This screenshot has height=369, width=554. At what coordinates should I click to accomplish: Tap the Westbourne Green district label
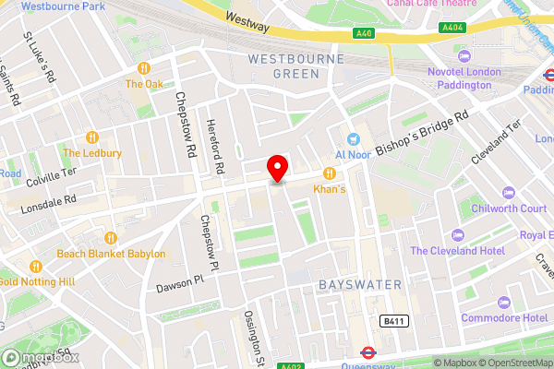pyautogui.click(x=295, y=66)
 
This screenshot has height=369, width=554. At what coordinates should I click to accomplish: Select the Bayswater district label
pyautogui.click(x=360, y=285)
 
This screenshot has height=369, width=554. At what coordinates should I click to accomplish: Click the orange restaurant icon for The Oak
pyautogui.click(x=144, y=68)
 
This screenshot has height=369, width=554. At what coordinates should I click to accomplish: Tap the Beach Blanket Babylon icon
pyautogui.click(x=110, y=237)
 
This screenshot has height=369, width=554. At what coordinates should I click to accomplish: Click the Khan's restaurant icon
pyautogui.click(x=329, y=173)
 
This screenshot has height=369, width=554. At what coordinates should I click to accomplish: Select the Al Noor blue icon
pyautogui.click(x=352, y=138)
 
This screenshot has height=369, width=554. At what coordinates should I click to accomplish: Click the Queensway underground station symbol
pyautogui.click(x=366, y=351)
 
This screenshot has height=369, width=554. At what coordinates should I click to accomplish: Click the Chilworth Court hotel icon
pyautogui.click(x=507, y=193)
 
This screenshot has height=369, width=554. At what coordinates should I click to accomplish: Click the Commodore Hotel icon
pyautogui.click(x=503, y=303)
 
